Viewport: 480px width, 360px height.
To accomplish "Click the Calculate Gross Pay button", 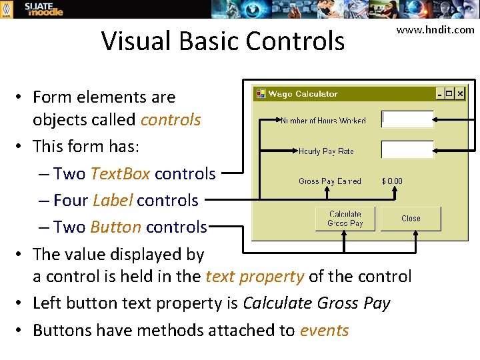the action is (345, 219).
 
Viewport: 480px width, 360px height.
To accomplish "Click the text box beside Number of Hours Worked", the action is (407, 119).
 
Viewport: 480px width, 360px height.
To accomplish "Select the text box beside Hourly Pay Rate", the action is (407, 150).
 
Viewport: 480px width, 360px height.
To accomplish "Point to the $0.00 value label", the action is (392, 181).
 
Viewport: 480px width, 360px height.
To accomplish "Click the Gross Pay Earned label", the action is (329, 181).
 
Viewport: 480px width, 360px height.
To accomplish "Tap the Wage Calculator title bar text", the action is (303, 94).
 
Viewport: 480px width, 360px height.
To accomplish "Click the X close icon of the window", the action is (460, 94).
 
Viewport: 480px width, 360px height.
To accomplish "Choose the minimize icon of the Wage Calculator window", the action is (440, 94).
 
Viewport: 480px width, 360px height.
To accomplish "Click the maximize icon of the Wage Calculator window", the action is (450, 94).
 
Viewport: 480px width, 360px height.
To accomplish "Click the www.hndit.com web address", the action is (435, 29).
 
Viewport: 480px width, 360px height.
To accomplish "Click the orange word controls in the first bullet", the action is (171, 120).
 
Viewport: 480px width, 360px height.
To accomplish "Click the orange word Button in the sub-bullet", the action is (115, 227).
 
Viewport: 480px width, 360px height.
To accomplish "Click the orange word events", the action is (324, 330).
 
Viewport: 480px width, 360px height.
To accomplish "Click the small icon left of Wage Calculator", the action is (261, 94).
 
